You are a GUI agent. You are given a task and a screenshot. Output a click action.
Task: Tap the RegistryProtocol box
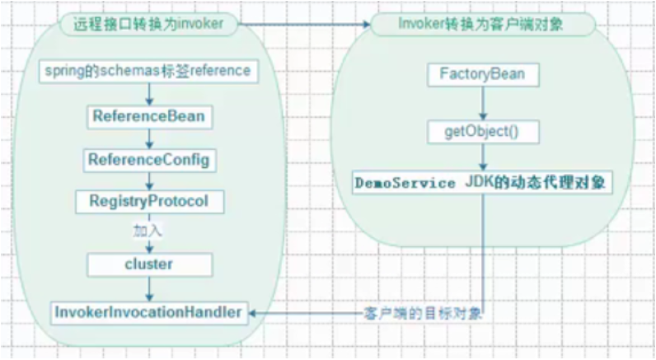click(x=148, y=200)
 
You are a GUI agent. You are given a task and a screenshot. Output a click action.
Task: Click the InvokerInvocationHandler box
click(x=148, y=312)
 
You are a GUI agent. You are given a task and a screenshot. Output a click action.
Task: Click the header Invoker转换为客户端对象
click(x=481, y=25)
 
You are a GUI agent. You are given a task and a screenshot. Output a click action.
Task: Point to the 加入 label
click(x=148, y=230)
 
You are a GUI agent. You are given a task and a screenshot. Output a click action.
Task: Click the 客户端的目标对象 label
click(x=421, y=314)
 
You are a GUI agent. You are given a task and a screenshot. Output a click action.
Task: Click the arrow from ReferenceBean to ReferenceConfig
click(x=149, y=137)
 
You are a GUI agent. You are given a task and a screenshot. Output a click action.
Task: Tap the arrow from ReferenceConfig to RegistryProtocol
click(x=149, y=179)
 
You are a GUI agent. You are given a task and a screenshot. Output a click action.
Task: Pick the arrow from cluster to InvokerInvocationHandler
click(x=149, y=288)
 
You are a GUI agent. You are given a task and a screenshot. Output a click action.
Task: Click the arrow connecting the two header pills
click(x=305, y=25)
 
